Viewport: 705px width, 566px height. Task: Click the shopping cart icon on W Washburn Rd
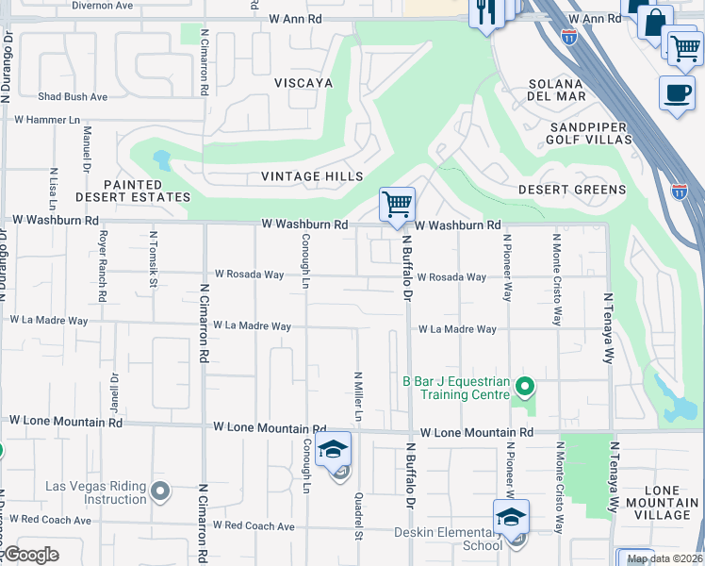coord(398,204)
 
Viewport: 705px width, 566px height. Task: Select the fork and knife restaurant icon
coord(486,12)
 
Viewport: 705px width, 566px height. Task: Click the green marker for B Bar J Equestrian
coord(526,386)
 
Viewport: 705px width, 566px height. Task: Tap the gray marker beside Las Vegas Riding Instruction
coord(159,490)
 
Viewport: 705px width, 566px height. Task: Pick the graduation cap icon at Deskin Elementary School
coord(510,518)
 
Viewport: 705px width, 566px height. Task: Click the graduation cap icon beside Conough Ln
coord(333,450)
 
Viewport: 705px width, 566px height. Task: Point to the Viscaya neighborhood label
coord(303,83)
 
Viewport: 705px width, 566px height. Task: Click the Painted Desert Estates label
coord(146,191)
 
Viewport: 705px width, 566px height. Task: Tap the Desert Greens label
coord(572,190)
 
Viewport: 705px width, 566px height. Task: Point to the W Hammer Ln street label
coord(47,120)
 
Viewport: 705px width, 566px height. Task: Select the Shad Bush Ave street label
coord(73,96)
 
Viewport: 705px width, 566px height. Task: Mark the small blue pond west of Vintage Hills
coord(162,159)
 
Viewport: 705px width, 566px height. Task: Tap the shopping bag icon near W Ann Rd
coord(654,20)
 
